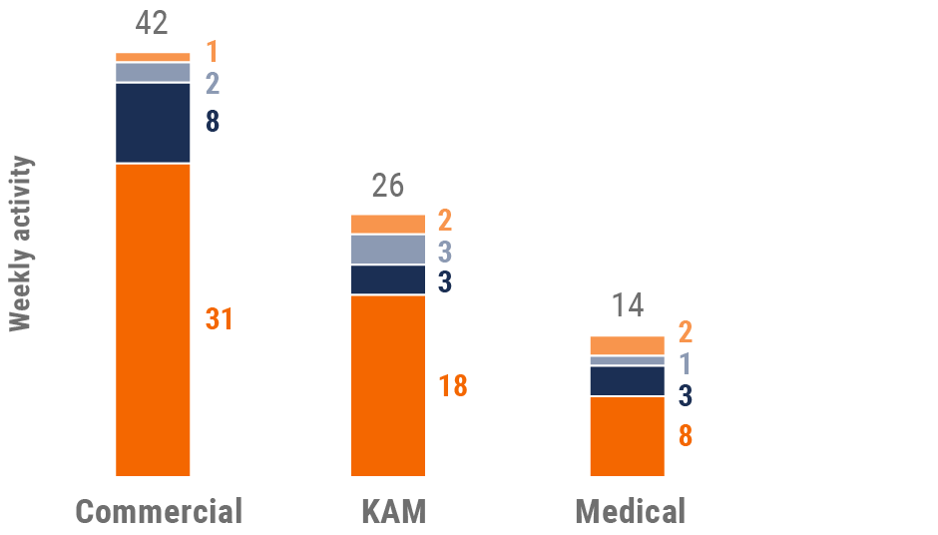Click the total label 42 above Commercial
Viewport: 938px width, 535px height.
point(153,23)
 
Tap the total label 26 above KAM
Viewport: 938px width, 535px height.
point(388,186)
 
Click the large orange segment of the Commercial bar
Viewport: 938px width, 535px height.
point(153,319)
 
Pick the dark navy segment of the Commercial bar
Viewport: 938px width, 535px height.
point(153,122)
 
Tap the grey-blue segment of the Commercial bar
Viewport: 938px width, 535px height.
point(153,72)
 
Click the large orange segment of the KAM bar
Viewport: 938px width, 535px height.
point(388,385)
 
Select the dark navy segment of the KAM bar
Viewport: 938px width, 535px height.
point(388,279)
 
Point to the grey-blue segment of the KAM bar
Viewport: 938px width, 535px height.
point(388,250)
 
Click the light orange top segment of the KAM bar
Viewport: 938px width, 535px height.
point(388,224)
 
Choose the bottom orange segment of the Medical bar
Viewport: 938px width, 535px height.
point(627,436)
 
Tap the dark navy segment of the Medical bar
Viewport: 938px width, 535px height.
point(627,381)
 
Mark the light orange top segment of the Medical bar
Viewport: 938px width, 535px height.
point(627,345)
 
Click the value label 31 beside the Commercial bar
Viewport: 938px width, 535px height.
point(220,319)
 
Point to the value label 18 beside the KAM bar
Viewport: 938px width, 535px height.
point(453,386)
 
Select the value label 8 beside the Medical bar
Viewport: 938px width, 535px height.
point(686,436)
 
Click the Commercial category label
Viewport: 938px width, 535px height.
point(160,511)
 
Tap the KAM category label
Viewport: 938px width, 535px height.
point(393,511)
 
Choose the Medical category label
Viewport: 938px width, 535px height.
point(631,511)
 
